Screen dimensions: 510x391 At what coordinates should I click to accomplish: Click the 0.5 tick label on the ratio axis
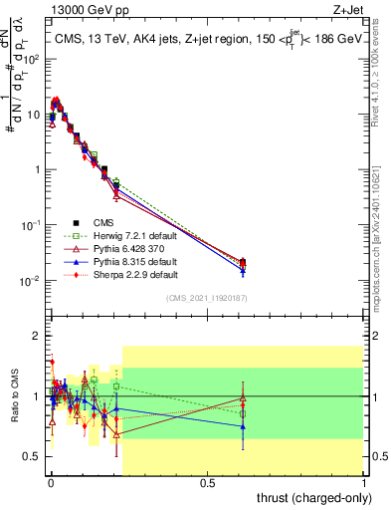tap(31, 456)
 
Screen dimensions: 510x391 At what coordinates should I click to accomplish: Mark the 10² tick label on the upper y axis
tap(30, 59)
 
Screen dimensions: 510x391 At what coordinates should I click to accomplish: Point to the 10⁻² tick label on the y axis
tap(29, 281)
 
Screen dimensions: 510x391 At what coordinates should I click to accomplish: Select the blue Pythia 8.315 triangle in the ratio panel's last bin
tap(244, 426)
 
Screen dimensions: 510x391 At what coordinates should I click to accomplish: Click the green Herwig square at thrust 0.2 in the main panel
tap(116, 182)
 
